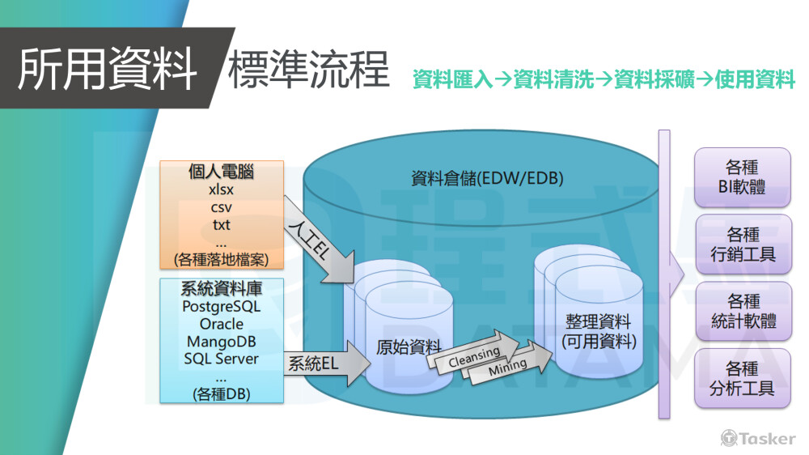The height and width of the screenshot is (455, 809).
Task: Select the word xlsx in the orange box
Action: pos(221,191)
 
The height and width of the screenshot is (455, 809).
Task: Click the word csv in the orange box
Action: pos(221,207)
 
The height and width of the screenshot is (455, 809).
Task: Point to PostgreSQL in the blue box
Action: pos(222,307)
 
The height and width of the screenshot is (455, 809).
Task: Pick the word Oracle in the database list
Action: pos(222,324)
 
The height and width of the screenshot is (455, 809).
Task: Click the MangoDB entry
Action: pos(222,341)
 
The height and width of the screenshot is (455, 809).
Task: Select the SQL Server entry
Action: pos(222,358)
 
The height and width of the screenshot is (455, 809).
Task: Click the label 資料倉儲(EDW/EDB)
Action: pos(487,178)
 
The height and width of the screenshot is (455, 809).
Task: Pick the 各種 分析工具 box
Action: pos(743,378)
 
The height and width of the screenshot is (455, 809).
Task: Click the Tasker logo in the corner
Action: pos(757,438)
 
